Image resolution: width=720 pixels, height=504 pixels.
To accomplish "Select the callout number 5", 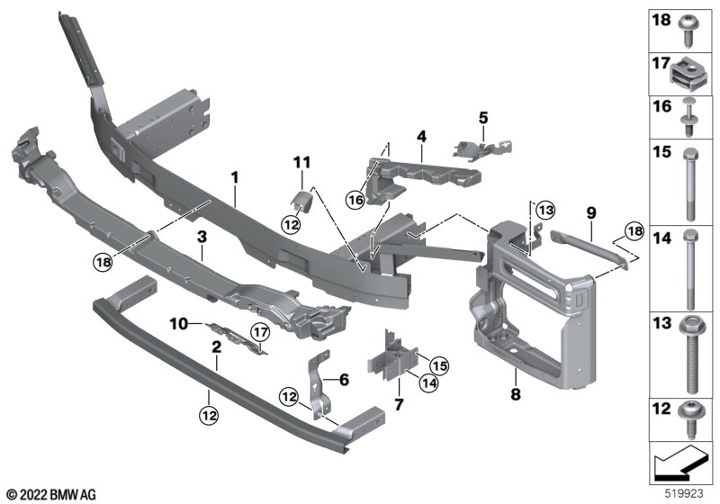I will tap(482, 117).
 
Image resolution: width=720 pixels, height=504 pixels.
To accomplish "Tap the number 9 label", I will tap(590, 212).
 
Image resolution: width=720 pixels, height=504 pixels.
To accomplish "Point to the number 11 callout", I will tap(301, 163).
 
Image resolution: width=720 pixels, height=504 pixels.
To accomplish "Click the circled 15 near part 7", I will tap(438, 364).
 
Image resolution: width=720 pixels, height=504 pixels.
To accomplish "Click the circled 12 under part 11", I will tap(290, 224).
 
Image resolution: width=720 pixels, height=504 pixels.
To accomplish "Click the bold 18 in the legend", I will tap(661, 19).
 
